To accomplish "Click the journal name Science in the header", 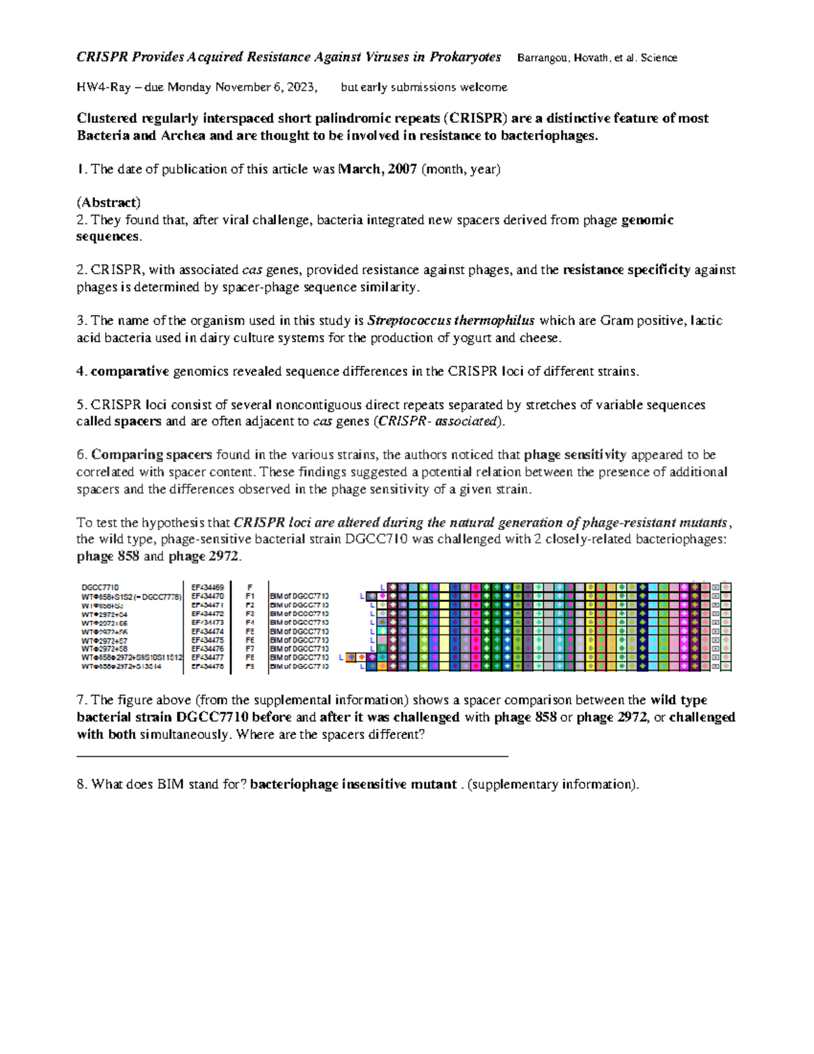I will click(659, 58).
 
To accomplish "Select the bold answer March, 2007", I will click(377, 169).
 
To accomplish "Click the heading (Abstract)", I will click(109, 202).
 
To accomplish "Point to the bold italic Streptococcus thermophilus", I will click(451, 320).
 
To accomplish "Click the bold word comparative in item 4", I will click(130, 371).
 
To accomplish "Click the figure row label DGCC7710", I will click(100, 588).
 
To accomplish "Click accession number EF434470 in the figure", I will click(208, 597).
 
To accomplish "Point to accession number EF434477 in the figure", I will click(208, 658).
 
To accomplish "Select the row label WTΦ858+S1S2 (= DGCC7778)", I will click(132, 597).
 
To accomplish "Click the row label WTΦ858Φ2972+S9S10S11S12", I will click(132, 658).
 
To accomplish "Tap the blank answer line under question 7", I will click(292, 755).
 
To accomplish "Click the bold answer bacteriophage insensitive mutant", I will click(353, 785).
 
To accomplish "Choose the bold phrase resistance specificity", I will click(627, 270).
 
